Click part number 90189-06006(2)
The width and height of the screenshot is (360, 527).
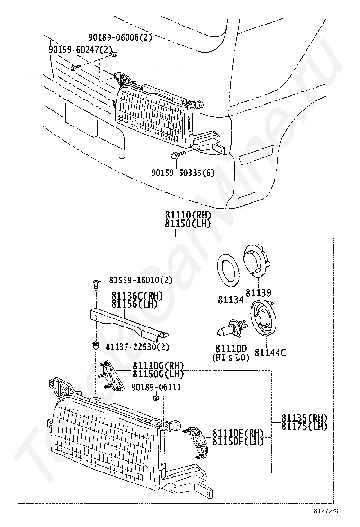click(x=120, y=37)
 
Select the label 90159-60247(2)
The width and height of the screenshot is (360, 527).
click(x=80, y=50)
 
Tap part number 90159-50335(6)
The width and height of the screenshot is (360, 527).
click(x=183, y=173)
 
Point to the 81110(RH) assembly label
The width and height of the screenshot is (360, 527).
click(x=188, y=215)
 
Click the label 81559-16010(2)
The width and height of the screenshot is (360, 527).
click(x=140, y=280)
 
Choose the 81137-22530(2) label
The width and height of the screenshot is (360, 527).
click(x=137, y=346)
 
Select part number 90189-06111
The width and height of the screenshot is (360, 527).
click(x=156, y=387)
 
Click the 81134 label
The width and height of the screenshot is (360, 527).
click(x=231, y=300)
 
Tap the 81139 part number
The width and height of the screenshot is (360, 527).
click(x=258, y=292)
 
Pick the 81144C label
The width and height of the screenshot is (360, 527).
click(x=270, y=353)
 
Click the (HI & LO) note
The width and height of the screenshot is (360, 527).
click(x=231, y=358)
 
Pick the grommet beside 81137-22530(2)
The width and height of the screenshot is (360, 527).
click(x=96, y=345)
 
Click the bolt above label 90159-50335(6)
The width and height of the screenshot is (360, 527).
click(x=177, y=155)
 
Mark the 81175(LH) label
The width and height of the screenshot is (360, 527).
click(x=304, y=426)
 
